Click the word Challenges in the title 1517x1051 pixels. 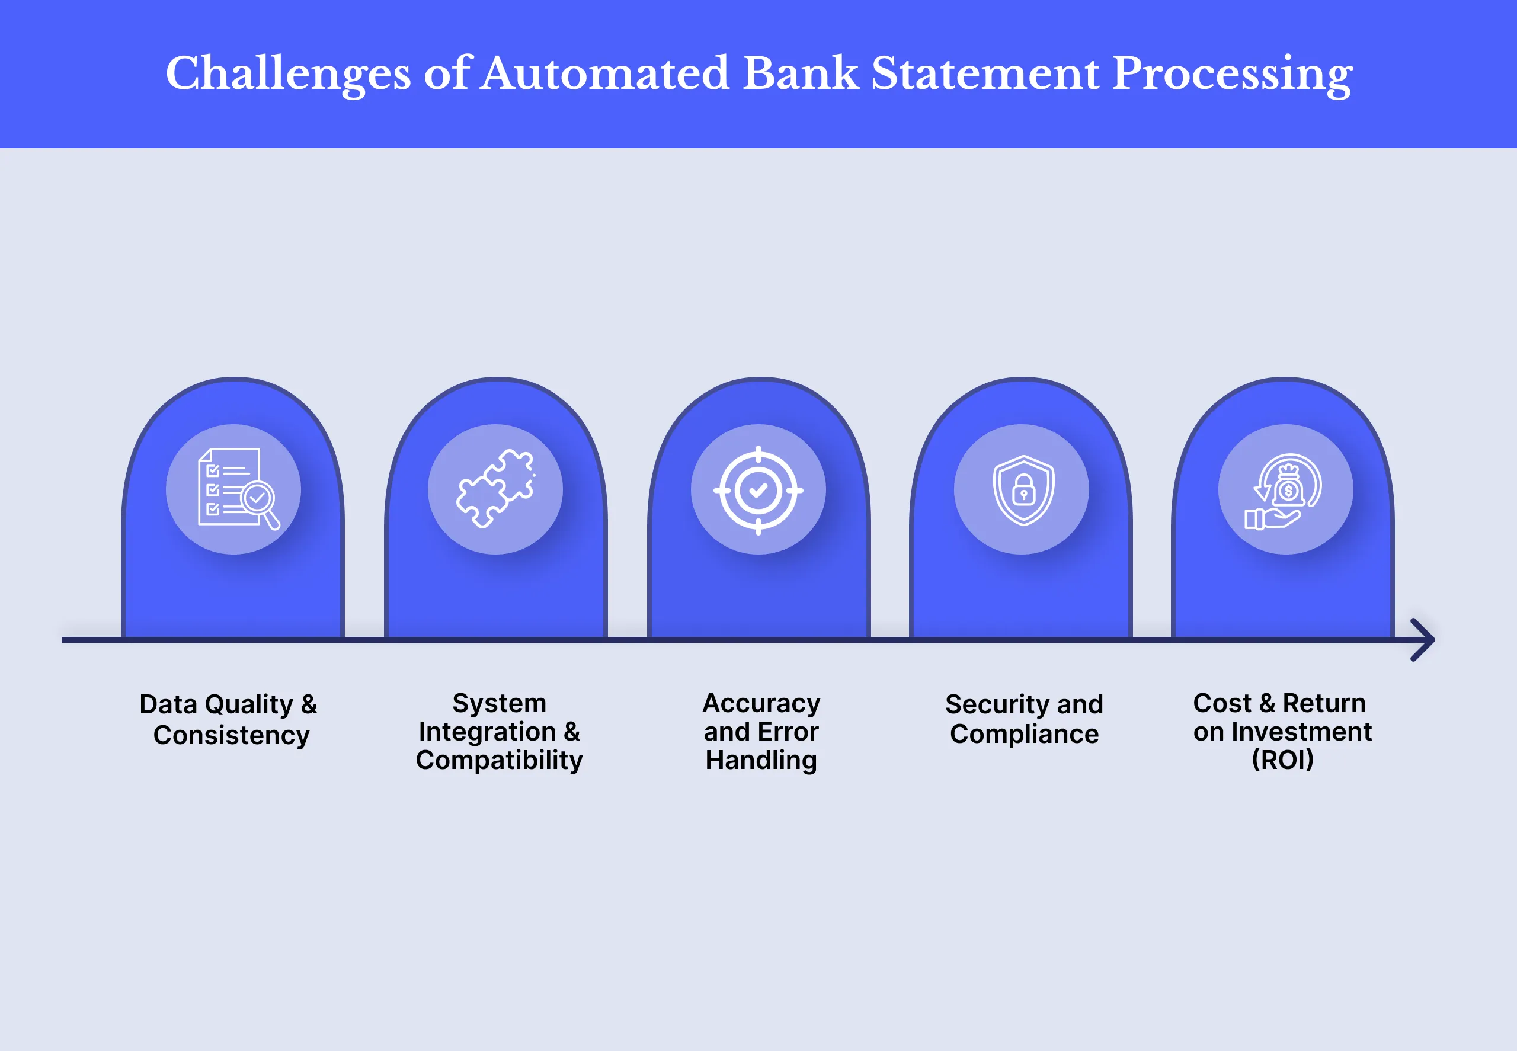(288, 73)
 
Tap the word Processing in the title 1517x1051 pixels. (1232, 73)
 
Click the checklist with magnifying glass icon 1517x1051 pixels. (237, 489)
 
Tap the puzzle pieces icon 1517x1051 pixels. (495, 489)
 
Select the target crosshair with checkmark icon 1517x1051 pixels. (758, 490)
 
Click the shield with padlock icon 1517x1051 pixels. (1023, 490)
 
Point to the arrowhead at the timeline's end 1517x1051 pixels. (1424, 639)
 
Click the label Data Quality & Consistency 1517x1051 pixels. (229, 719)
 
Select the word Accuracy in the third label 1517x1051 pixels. (761, 703)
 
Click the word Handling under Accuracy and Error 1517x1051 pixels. (761, 760)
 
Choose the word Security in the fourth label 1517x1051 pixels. (996, 704)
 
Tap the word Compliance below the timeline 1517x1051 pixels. (1023, 733)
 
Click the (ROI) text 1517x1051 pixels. (1282, 760)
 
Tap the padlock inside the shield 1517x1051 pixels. (1023, 491)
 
